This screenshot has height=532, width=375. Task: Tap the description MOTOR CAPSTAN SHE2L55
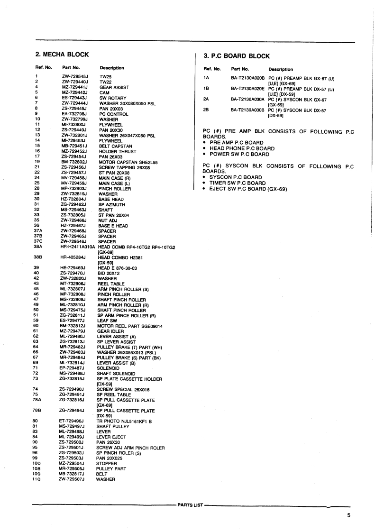click(x=128, y=162)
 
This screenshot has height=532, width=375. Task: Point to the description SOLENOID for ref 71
click(x=108, y=368)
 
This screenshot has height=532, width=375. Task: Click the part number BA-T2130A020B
click(x=247, y=77)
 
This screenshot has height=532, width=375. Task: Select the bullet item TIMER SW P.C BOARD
click(x=238, y=183)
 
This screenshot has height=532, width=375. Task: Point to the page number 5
click(x=348, y=516)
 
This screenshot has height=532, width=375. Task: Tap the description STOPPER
click(x=107, y=463)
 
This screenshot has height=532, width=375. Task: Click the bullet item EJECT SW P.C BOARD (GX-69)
click(x=249, y=189)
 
